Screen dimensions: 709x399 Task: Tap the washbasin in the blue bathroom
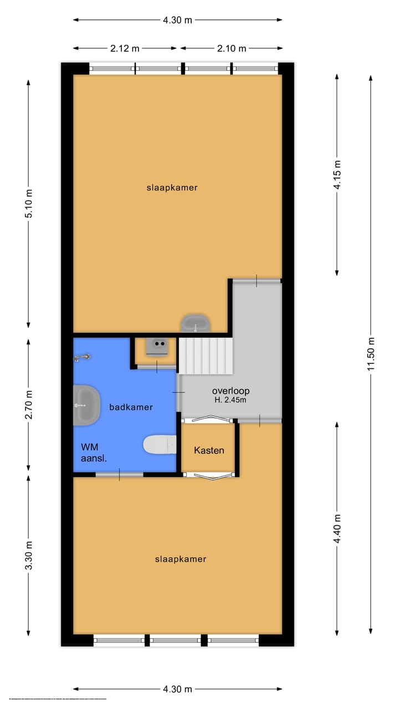(86, 405)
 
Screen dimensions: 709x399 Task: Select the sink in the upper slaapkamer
(196, 322)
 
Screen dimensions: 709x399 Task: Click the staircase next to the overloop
(205, 356)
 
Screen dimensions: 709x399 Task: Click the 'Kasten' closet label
(209, 450)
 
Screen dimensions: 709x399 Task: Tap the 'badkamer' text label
(131, 407)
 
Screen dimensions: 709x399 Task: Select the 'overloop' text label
(231, 391)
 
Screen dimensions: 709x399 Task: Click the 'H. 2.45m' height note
(231, 399)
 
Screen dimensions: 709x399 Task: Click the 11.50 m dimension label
(372, 354)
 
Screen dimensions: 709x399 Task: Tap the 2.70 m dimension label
(29, 404)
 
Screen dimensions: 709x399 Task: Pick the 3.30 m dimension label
(29, 555)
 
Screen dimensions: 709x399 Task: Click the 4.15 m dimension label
(337, 175)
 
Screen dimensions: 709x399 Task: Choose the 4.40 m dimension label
(337, 529)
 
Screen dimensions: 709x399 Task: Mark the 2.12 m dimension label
(125, 48)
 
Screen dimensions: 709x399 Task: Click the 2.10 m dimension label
(232, 48)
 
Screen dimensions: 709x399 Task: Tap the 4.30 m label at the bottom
(177, 689)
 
